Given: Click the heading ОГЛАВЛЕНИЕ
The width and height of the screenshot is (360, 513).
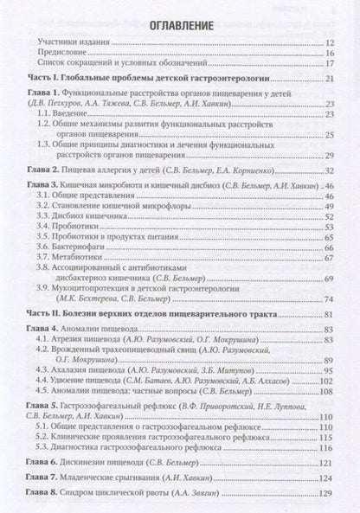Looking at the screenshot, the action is pyautogui.click(x=181, y=25).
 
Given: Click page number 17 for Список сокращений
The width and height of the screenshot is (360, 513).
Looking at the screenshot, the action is pyautogui.click(x=330, y=63).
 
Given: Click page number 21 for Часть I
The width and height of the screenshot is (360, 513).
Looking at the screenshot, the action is pyautogui.click(x=330, y=79).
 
